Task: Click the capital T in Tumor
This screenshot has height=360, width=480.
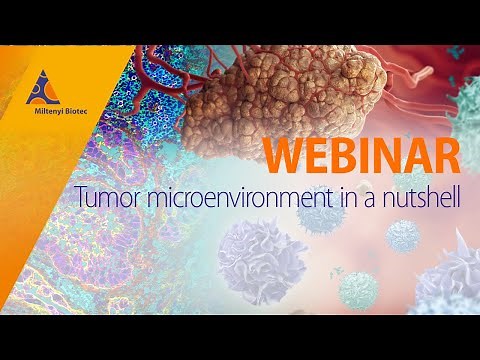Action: tap(79, 198)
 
